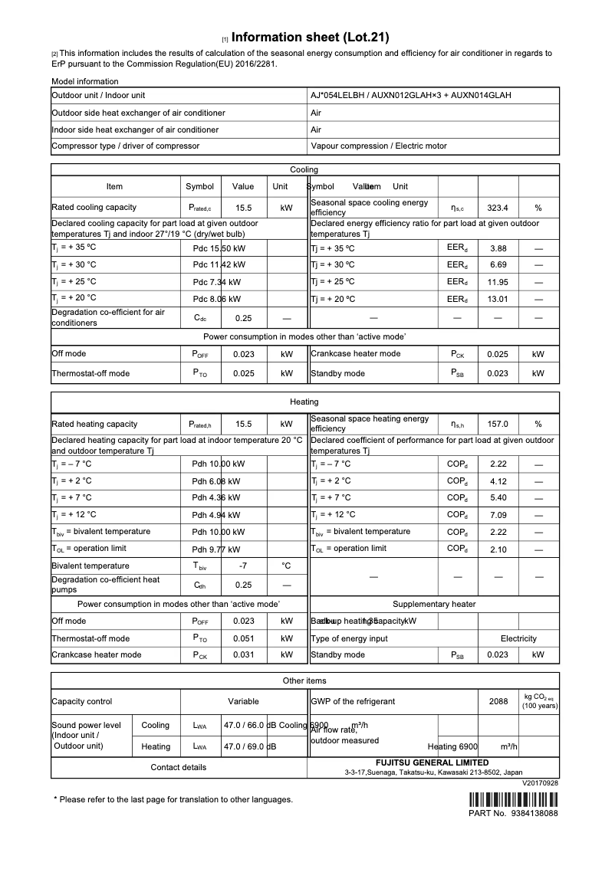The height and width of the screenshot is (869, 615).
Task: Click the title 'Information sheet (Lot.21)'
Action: tap(310, 37)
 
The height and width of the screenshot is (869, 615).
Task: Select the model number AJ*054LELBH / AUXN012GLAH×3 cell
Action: tap(411, 96)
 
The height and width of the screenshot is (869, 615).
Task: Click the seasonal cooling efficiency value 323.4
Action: tap(498, 208)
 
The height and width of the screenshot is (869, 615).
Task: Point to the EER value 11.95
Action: tap(498, 281)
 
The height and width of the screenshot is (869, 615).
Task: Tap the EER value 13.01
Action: tap(498, 298)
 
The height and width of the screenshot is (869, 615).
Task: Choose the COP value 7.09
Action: tap(498, 515)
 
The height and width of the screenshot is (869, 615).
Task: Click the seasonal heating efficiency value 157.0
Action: tap(498, 424)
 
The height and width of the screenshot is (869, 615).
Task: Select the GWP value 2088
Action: tap(498, 701)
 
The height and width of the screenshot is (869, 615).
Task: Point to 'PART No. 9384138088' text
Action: tap(513, 813)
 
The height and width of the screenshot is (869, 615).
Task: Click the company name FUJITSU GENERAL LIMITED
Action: tap(432, 762)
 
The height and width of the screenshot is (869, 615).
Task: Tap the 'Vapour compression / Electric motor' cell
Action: tap(379, 146)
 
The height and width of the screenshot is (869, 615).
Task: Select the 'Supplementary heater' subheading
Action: tap(434, 605)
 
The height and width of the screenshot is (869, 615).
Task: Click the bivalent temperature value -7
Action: tap(243, 566)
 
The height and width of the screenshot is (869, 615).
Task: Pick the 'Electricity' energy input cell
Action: tap(518, 638)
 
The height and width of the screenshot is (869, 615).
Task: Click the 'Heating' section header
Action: tap(304, 402)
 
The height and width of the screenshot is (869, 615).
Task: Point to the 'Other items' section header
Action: tap(304, 680)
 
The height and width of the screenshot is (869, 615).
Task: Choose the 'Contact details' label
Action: tap(178, 767)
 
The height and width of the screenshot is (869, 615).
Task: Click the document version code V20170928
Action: tap(540, 783)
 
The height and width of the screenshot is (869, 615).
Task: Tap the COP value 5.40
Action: tap(498, 498)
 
